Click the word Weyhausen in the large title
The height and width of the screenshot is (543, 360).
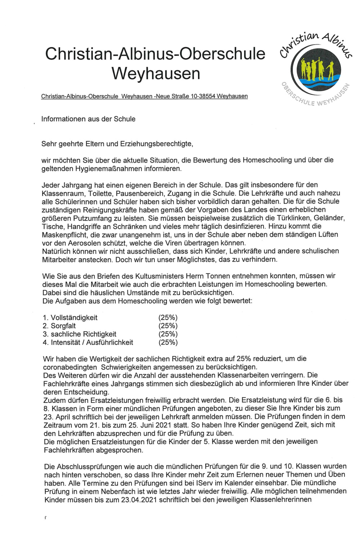(x=156, y=74)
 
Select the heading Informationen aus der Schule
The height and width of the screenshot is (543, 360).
(x=88, y=119)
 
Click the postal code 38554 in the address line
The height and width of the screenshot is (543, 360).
(x=207, y=96)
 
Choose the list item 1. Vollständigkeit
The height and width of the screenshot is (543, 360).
(x=70, y=317)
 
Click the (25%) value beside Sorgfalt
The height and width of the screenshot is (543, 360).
(x=168, y=326)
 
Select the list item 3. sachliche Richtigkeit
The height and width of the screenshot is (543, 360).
(x=80, y=334)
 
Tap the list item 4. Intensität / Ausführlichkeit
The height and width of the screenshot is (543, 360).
(x=88, y=342)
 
